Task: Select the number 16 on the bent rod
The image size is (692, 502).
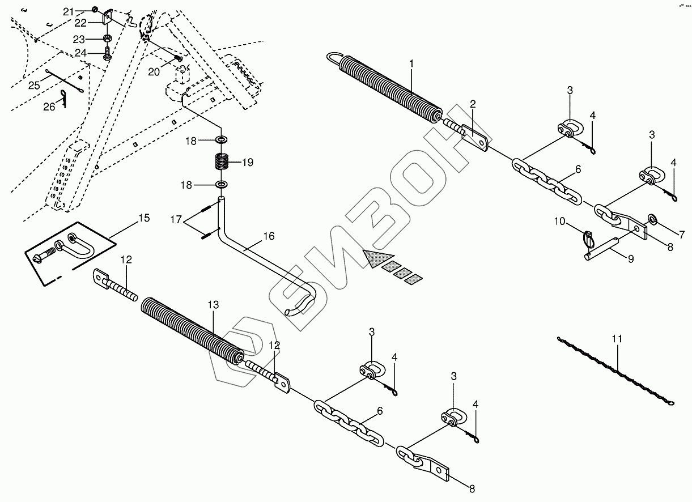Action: (268, 236)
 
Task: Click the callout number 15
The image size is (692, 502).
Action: (144, 218)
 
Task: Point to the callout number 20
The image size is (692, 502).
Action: (154, 71)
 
